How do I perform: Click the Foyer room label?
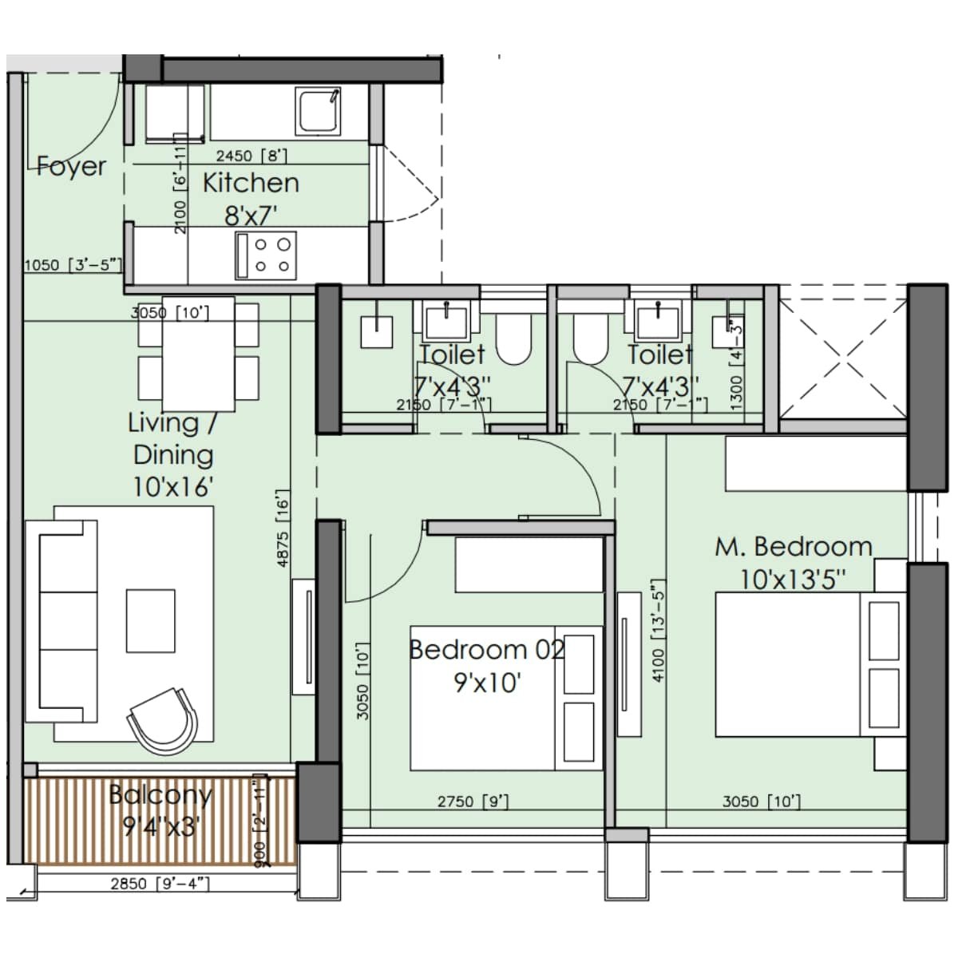(x=72, y=166)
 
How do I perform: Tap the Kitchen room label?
(x=251, y=183)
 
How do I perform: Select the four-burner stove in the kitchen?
(x=266, y=255)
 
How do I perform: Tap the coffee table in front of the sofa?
(x=150, y=620)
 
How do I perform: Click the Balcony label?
(x=160, y=795)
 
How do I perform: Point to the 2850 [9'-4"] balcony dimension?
(x=160, y=883)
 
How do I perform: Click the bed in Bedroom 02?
(x=487, y=699)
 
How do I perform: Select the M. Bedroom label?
(x=793, y=547)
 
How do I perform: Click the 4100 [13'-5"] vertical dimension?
(x=658, y=631)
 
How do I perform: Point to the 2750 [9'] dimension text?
(x=473, y=802)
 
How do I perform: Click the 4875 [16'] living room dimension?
(x=283, y=528)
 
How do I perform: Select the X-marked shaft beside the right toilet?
(x=843, y=352)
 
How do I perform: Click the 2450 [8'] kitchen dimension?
(x=251, y=156)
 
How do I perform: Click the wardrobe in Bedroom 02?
(x=528, y=564)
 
